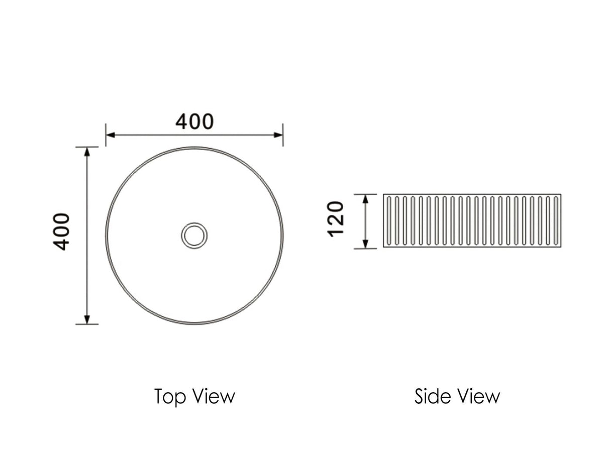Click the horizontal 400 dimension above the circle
coord(194,122)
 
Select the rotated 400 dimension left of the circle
coord(62,232)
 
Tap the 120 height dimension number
coord(336,219)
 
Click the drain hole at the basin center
coord(194,235)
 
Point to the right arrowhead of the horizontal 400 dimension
coord(278,135)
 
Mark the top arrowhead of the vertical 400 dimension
coord(87,152)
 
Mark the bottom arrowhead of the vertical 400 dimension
coord(87,319)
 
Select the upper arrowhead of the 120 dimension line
coord(366,198)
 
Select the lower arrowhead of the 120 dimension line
coord(366,244)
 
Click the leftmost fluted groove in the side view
coord(388,221)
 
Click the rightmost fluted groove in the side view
coord(556,221)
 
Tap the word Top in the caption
coord(167,396)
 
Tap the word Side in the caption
coord(431,396)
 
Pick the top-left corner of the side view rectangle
coord(383,194)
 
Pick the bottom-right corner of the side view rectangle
coord(561,247)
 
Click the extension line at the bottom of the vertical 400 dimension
coord(87,324)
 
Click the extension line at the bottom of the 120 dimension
coord(365,249)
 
